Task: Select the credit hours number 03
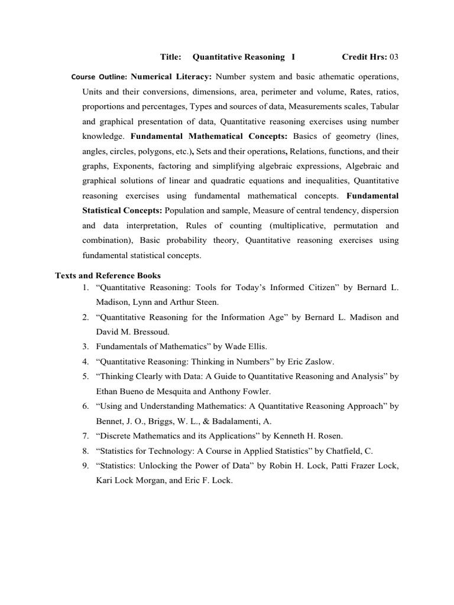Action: point(394,57)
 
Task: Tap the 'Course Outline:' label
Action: point(99,77)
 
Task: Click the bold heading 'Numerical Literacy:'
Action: point(171,77)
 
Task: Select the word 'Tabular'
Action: point(384,107)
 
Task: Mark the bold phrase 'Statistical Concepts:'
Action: point(122,210)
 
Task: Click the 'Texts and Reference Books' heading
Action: point(108,275)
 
